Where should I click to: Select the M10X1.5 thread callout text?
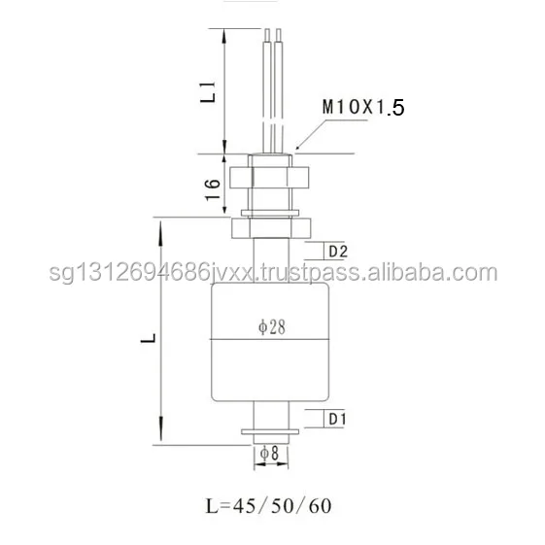point(362,112)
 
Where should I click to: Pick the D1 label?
point(337,420)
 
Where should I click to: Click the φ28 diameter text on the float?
point(271,326)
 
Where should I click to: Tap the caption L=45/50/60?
point(271,506)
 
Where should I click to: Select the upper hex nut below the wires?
point(271,178)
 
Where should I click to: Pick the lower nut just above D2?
point(271,229)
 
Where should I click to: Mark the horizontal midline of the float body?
point(271,339)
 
